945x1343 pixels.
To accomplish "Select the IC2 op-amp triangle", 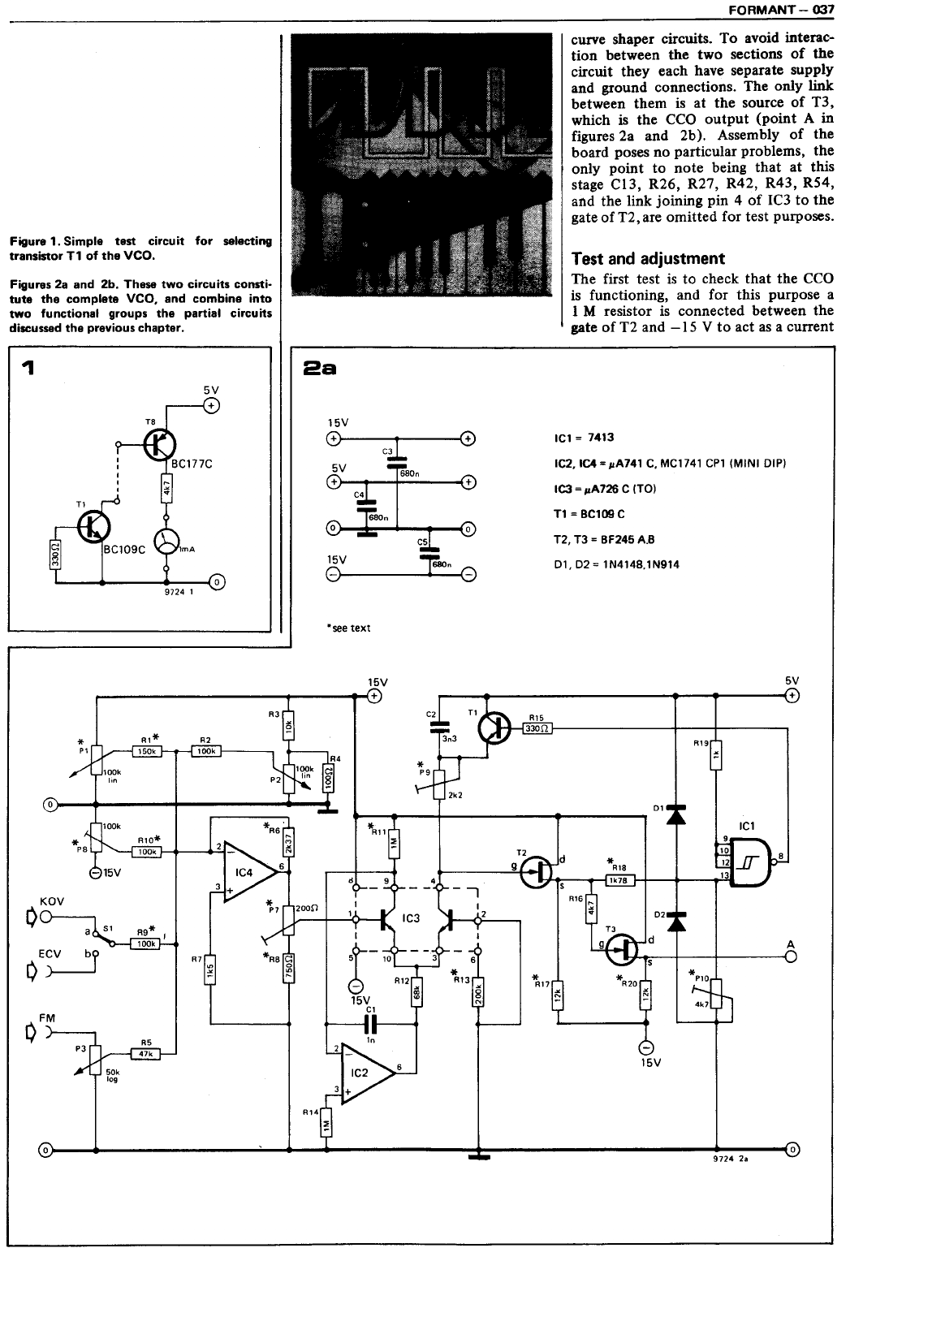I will tap(367, 1073).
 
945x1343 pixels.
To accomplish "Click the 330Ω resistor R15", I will tap(537, 729).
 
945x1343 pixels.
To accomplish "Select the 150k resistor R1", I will tap(147, 752).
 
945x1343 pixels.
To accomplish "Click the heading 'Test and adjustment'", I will tap(648, 259).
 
